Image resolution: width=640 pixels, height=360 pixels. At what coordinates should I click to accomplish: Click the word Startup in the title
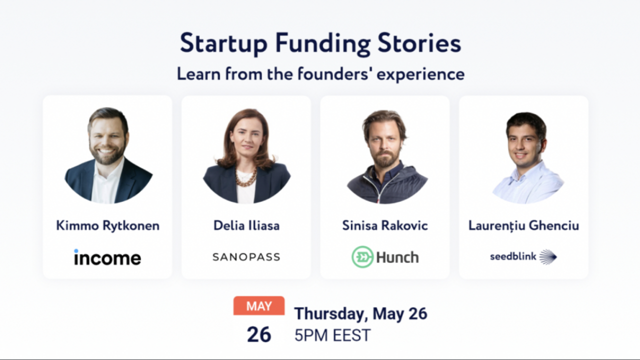pos(223,43)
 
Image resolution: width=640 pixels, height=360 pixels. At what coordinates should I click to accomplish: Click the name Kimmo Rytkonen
pos(107,225)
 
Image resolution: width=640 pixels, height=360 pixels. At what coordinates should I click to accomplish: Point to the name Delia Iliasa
pos(246,225)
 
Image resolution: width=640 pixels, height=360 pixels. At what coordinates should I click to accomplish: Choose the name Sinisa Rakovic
pos(384,225)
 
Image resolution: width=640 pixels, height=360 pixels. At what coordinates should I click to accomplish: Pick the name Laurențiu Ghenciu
pos(523,225)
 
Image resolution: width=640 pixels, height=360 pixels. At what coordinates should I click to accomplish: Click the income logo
pos(107,258)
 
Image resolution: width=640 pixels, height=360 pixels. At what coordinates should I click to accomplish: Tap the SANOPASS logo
pos(246,257)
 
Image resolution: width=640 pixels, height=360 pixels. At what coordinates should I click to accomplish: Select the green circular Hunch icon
pos(362,257)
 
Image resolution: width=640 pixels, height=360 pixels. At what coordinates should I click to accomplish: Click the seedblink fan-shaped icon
pos(548,257)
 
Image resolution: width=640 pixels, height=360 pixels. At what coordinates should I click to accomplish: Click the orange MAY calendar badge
pos(259,306)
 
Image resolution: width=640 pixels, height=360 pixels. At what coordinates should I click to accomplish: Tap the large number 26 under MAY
pos(259,334)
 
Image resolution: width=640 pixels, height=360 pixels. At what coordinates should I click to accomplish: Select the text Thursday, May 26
pos(360,314)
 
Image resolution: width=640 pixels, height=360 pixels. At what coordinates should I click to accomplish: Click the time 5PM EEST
pos(332,335)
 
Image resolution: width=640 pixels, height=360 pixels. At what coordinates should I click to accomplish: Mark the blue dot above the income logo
pos(76,250)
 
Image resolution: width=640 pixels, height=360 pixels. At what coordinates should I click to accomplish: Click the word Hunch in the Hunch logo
pos(397,257)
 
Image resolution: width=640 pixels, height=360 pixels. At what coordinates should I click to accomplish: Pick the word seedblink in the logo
pos(513,256)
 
